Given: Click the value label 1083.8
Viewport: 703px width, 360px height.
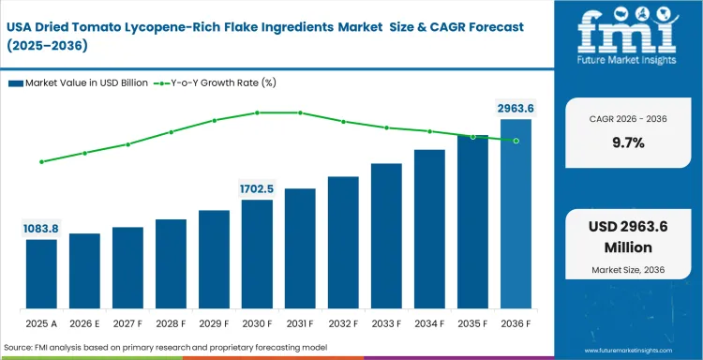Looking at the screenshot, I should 41,229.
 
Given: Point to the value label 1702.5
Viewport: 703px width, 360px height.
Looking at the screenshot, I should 257,188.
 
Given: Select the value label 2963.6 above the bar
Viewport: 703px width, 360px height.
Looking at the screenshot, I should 516,109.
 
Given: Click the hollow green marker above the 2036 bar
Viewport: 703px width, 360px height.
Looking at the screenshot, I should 516,141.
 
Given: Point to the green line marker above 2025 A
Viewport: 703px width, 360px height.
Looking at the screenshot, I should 41,161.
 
